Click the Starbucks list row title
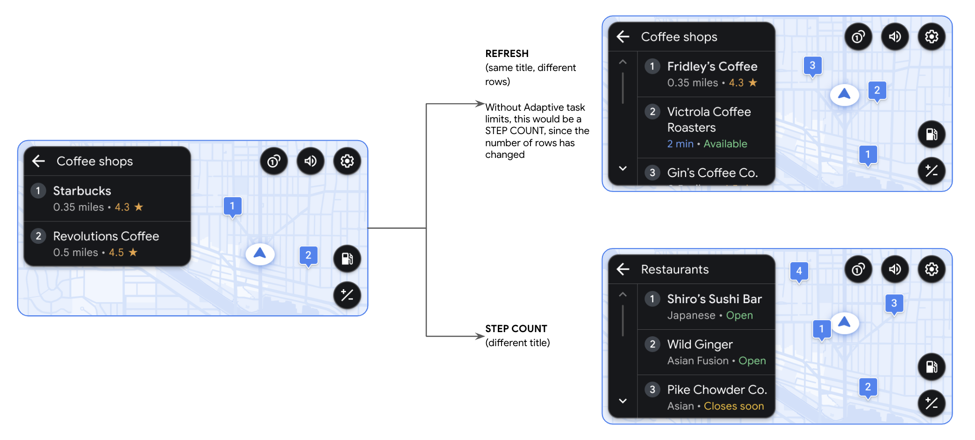point(82,191)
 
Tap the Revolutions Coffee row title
point(106,236)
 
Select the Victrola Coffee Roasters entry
point(709,120)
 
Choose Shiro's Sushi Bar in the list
point(714,299)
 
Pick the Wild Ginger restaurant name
point(700,344)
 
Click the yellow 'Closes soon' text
point(734,406)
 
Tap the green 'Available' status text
point(725,144)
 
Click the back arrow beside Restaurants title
point(623,269)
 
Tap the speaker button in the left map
point(310,161)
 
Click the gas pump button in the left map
point(347,258)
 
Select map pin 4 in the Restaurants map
point(799,271)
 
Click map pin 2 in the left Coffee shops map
point(308,256)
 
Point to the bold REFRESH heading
point(507,54)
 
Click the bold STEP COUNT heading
point(516,328)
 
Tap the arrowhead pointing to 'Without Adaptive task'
point(480,104)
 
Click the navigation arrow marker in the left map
point(260,254)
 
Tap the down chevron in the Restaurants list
point(623,401)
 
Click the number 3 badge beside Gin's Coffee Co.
point(652,173)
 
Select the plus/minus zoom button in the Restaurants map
point(931,403)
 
